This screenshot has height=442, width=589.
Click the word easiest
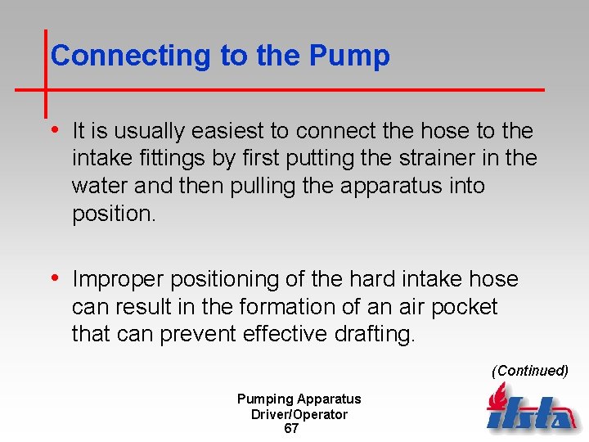click(x=232, y=131)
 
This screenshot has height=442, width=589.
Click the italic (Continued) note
click(x=529, y=371)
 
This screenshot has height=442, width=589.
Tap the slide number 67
click(x=291, y=429)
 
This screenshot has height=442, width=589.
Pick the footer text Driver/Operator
click(x=299, y=414)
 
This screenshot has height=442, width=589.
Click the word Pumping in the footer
click(x=264, y=399)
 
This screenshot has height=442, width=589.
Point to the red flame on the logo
click(x=497, y=397)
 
